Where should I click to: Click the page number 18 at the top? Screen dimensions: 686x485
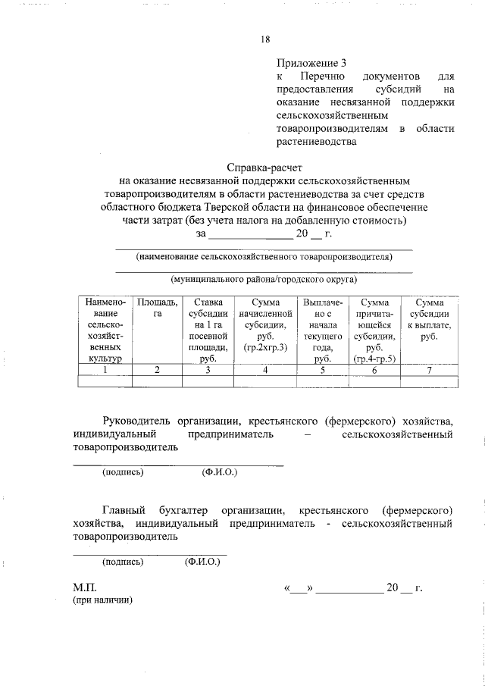[265, 39]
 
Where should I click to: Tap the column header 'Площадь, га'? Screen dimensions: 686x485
[157, 309]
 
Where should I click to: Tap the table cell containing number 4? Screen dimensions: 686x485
[265, 370]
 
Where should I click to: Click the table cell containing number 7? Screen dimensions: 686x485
[429, 370]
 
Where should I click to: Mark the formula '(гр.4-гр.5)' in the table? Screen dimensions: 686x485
[377, 359]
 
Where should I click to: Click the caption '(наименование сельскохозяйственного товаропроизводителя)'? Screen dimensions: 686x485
[264, 257]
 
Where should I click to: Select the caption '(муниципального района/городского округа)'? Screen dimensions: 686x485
[264, 279]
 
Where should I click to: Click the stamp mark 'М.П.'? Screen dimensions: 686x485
[84, 587]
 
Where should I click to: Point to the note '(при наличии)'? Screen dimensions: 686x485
[102, 600]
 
